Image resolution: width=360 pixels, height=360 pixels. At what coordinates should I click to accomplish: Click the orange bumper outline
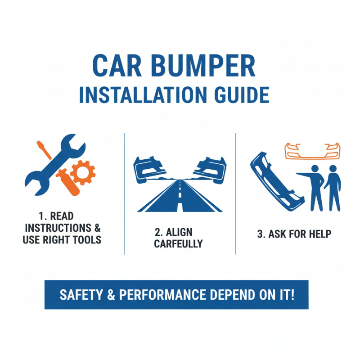[x=312, y=151]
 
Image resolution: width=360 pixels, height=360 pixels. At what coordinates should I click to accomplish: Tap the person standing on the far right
[x=334, y=188]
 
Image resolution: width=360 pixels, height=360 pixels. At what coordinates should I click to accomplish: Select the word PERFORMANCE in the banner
[x=172, y=295]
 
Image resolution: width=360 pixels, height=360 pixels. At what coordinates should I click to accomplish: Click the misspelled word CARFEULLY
[x=178, y=244]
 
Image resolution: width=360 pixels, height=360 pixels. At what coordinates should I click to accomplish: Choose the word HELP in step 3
[x=319, y=234]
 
